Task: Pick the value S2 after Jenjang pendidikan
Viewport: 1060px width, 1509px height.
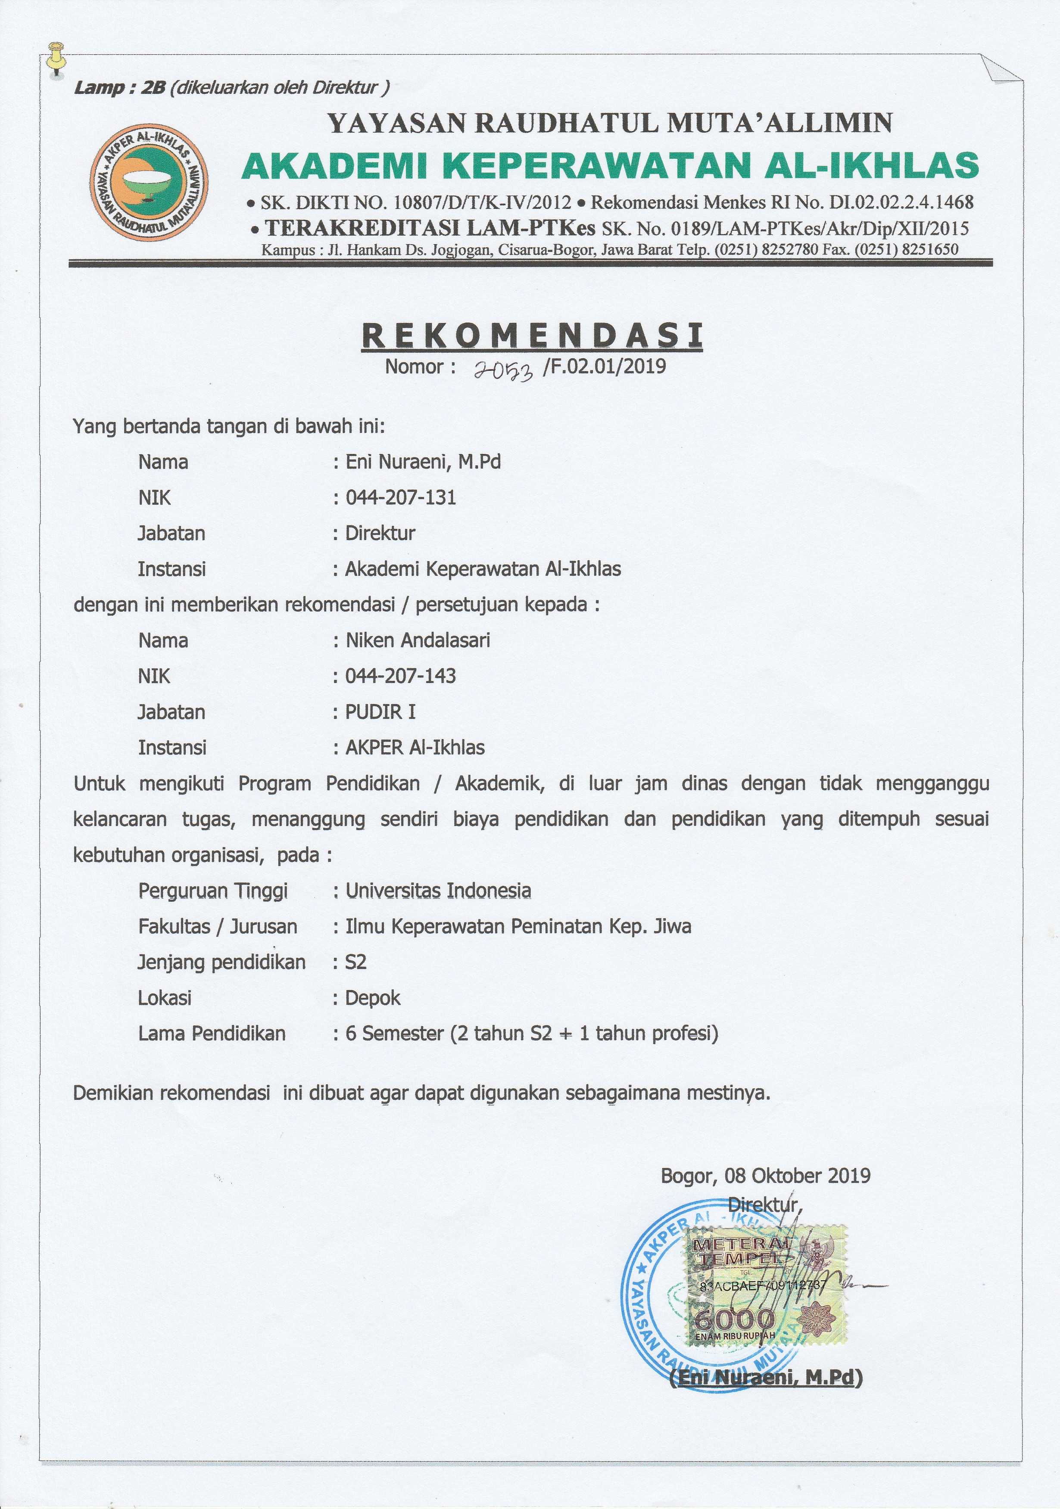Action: coord(356,963)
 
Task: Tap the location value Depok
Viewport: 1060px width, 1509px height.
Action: coord(373,998)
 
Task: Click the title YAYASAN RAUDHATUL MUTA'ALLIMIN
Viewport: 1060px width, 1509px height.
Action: coord(610,123)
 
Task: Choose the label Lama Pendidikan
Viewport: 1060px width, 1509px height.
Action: coord(212,1034)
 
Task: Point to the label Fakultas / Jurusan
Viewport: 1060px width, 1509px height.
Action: coord(218,927)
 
